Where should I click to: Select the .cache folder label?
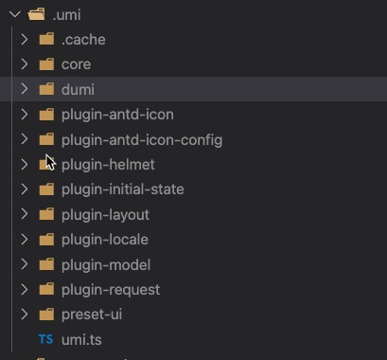pyautogui.click(x=83, y=40)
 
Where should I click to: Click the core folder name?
pyautogui.click(x=76, y=64)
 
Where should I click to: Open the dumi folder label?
pyautogui.click(x=78, y=89)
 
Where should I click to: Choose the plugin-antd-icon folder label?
pyautogui.click(x=117, y=115)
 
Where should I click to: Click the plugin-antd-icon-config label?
pyautogui.click(x=142, y=139)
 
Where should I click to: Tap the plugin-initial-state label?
pyautogui.click(x=122, y=189)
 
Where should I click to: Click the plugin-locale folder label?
pyautogui.click(x=104, y=240)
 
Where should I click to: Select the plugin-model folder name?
pyautogui.click(x=105, y=264)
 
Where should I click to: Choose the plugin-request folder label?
pyautogui.click(x=111, y=289)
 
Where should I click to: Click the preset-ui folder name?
pyautogui.click(x=92, y=315)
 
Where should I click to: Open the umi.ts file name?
pyautogui.click(x=82, y=339)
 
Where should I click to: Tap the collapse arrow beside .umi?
pyautogui.click(x=12, y=14)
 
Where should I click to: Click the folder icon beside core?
pyautogui.click(x=46, y=64)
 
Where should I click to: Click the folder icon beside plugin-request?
pyautogui.click(x=46, y=289)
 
